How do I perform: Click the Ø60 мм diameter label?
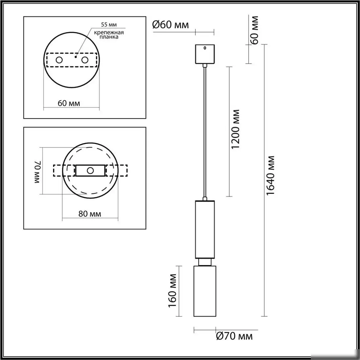click(171, 25)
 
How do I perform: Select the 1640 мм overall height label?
click(270, 175)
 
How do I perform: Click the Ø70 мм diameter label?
click(234, 336)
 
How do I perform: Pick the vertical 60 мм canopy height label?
click(255, 29)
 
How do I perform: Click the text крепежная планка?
click(109, 35)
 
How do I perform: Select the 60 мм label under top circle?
click(69, 103)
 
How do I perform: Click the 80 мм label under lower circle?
click(90, 214)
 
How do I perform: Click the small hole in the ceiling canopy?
click(205, 48)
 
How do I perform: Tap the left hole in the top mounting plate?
click(59, 60)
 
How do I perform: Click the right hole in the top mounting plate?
click(85, 60)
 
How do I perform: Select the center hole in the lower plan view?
click(90, 171)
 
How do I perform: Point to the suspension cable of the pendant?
click(205, 131)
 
